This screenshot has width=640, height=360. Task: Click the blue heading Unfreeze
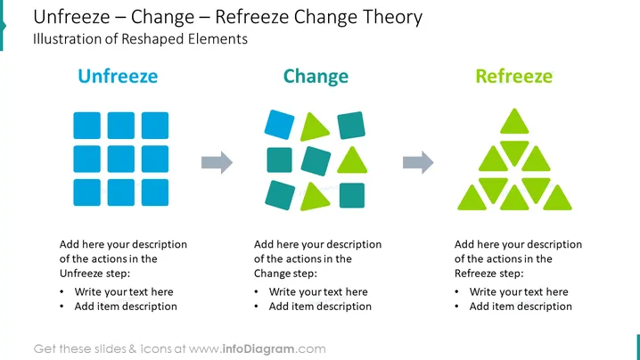(118, 76)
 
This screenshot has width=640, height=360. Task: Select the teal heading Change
(316, 77)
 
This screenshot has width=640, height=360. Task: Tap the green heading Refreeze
(514, 77)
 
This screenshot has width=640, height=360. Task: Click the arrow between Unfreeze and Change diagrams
(217, 162)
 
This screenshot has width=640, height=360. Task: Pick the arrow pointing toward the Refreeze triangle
(418, 162)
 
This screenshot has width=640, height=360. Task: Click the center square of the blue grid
(121, 159)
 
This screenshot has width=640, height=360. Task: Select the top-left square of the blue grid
(87, 126)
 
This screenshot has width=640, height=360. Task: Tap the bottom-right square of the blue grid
(155, 192)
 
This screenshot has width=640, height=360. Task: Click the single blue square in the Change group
(279, 125)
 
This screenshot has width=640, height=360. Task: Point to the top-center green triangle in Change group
(313, 127)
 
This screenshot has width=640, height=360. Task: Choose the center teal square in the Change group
(316, 160)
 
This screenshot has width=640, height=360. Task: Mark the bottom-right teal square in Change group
(352, 195)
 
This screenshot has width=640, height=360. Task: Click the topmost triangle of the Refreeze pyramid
(514, 122)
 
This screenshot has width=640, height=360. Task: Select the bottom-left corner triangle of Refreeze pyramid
(472, 200)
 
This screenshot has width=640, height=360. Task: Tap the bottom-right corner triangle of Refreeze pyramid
(557, 200)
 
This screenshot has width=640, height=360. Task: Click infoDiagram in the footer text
(258, 349)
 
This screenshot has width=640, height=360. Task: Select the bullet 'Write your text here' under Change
(318, 292)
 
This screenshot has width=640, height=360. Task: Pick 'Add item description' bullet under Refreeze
(521, 307)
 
